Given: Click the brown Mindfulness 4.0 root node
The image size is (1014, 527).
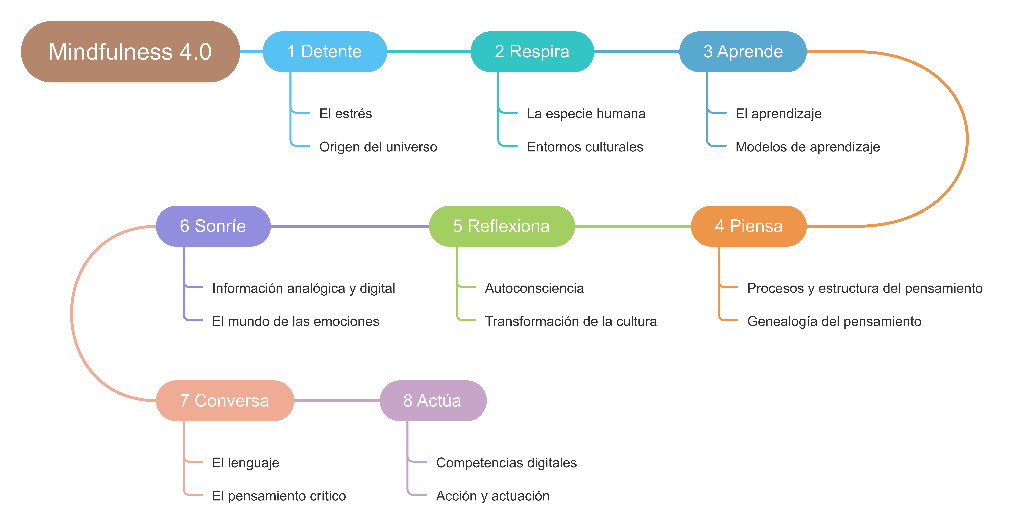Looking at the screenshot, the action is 130,52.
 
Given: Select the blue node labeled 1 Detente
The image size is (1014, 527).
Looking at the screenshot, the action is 325,52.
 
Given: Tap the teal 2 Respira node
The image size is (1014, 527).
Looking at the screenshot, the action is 532,52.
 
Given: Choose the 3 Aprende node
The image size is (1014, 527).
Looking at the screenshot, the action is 743,52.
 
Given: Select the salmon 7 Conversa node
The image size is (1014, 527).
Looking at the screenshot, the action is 225,401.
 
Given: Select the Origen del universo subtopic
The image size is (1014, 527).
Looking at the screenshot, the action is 378,147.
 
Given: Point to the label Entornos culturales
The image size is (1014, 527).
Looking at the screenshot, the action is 585,147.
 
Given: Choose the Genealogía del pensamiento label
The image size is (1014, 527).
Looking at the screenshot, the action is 834,322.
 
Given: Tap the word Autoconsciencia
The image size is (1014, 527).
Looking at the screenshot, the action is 534,288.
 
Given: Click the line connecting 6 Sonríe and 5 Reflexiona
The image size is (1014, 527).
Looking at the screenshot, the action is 350,226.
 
